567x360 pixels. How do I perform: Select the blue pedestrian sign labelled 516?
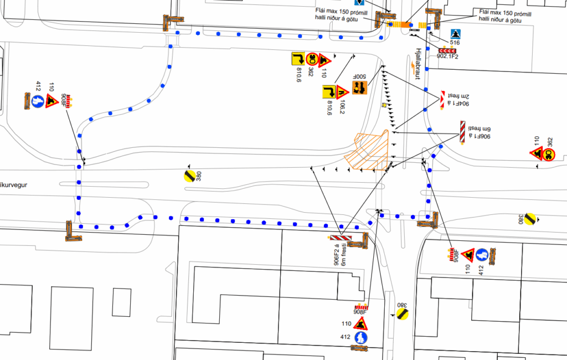455,33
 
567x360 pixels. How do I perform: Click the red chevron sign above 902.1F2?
447,50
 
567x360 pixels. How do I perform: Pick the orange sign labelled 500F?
360,87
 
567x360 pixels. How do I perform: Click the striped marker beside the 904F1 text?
443,100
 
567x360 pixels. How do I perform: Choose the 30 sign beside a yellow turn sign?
312,59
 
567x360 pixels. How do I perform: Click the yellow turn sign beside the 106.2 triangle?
328,92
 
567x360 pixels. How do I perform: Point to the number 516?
455,43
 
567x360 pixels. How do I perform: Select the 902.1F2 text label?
447,56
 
